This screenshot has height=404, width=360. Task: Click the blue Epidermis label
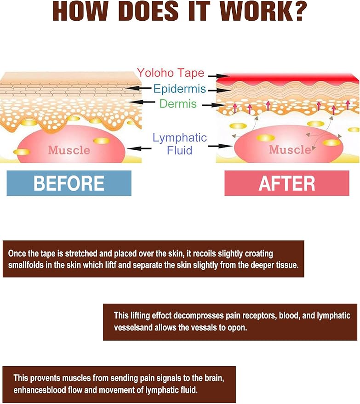pos(179,89)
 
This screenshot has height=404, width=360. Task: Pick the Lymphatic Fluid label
pos(179,143)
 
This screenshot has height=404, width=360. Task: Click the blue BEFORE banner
pos(69,183)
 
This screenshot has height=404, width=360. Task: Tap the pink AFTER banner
pos(287,183)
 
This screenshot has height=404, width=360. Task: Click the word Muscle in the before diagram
pos(69,149)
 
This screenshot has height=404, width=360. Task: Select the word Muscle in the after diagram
pos(290,149)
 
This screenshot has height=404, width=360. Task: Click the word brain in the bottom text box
pos(224,378)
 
